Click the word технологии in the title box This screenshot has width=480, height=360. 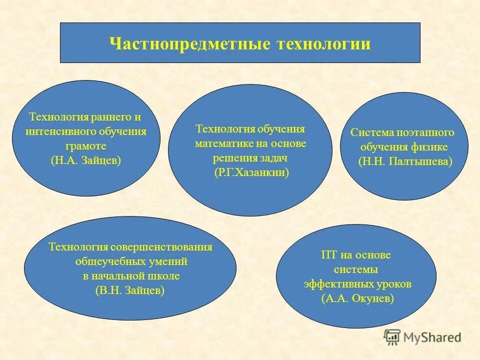[x=322, y=44]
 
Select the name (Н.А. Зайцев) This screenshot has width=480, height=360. [x=86, y=161]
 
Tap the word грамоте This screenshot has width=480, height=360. [x=86, y=146]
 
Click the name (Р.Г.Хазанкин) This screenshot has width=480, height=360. [x=250, y=172]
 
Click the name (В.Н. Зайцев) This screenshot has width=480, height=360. [x=130, y=290]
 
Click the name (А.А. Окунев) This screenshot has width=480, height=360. [x=357, y=298]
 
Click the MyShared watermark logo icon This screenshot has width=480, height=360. [x=392, y=337]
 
